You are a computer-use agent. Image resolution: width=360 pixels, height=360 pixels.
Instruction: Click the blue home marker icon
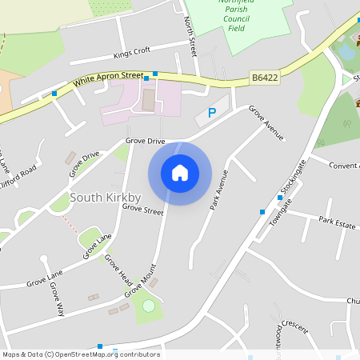[180, 173]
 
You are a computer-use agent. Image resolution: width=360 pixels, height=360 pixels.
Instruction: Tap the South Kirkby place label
[106, 197]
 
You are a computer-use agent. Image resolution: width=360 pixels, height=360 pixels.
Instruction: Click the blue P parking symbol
[212, 114]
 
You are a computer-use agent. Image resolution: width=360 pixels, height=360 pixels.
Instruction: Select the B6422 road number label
[264, 78]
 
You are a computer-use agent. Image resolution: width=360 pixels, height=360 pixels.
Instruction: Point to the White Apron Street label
[108, 78]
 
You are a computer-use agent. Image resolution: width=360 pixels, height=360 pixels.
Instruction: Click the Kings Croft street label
[132, 52]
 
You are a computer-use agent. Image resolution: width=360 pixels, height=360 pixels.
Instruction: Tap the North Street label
[190, 36]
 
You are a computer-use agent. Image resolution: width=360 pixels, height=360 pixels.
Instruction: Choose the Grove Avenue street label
[266, 122]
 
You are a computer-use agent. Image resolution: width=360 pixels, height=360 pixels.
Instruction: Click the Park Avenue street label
[219, 190]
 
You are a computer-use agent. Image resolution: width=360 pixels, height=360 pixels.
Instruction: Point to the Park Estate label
[337, 222]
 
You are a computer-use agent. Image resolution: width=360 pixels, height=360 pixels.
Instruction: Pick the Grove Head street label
[118, 270]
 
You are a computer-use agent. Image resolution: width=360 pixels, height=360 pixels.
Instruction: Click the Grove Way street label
[57, 298]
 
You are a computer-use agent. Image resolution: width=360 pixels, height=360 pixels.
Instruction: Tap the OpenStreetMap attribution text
[81, 354]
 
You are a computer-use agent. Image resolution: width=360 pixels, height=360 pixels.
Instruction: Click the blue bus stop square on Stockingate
[262, 211]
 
